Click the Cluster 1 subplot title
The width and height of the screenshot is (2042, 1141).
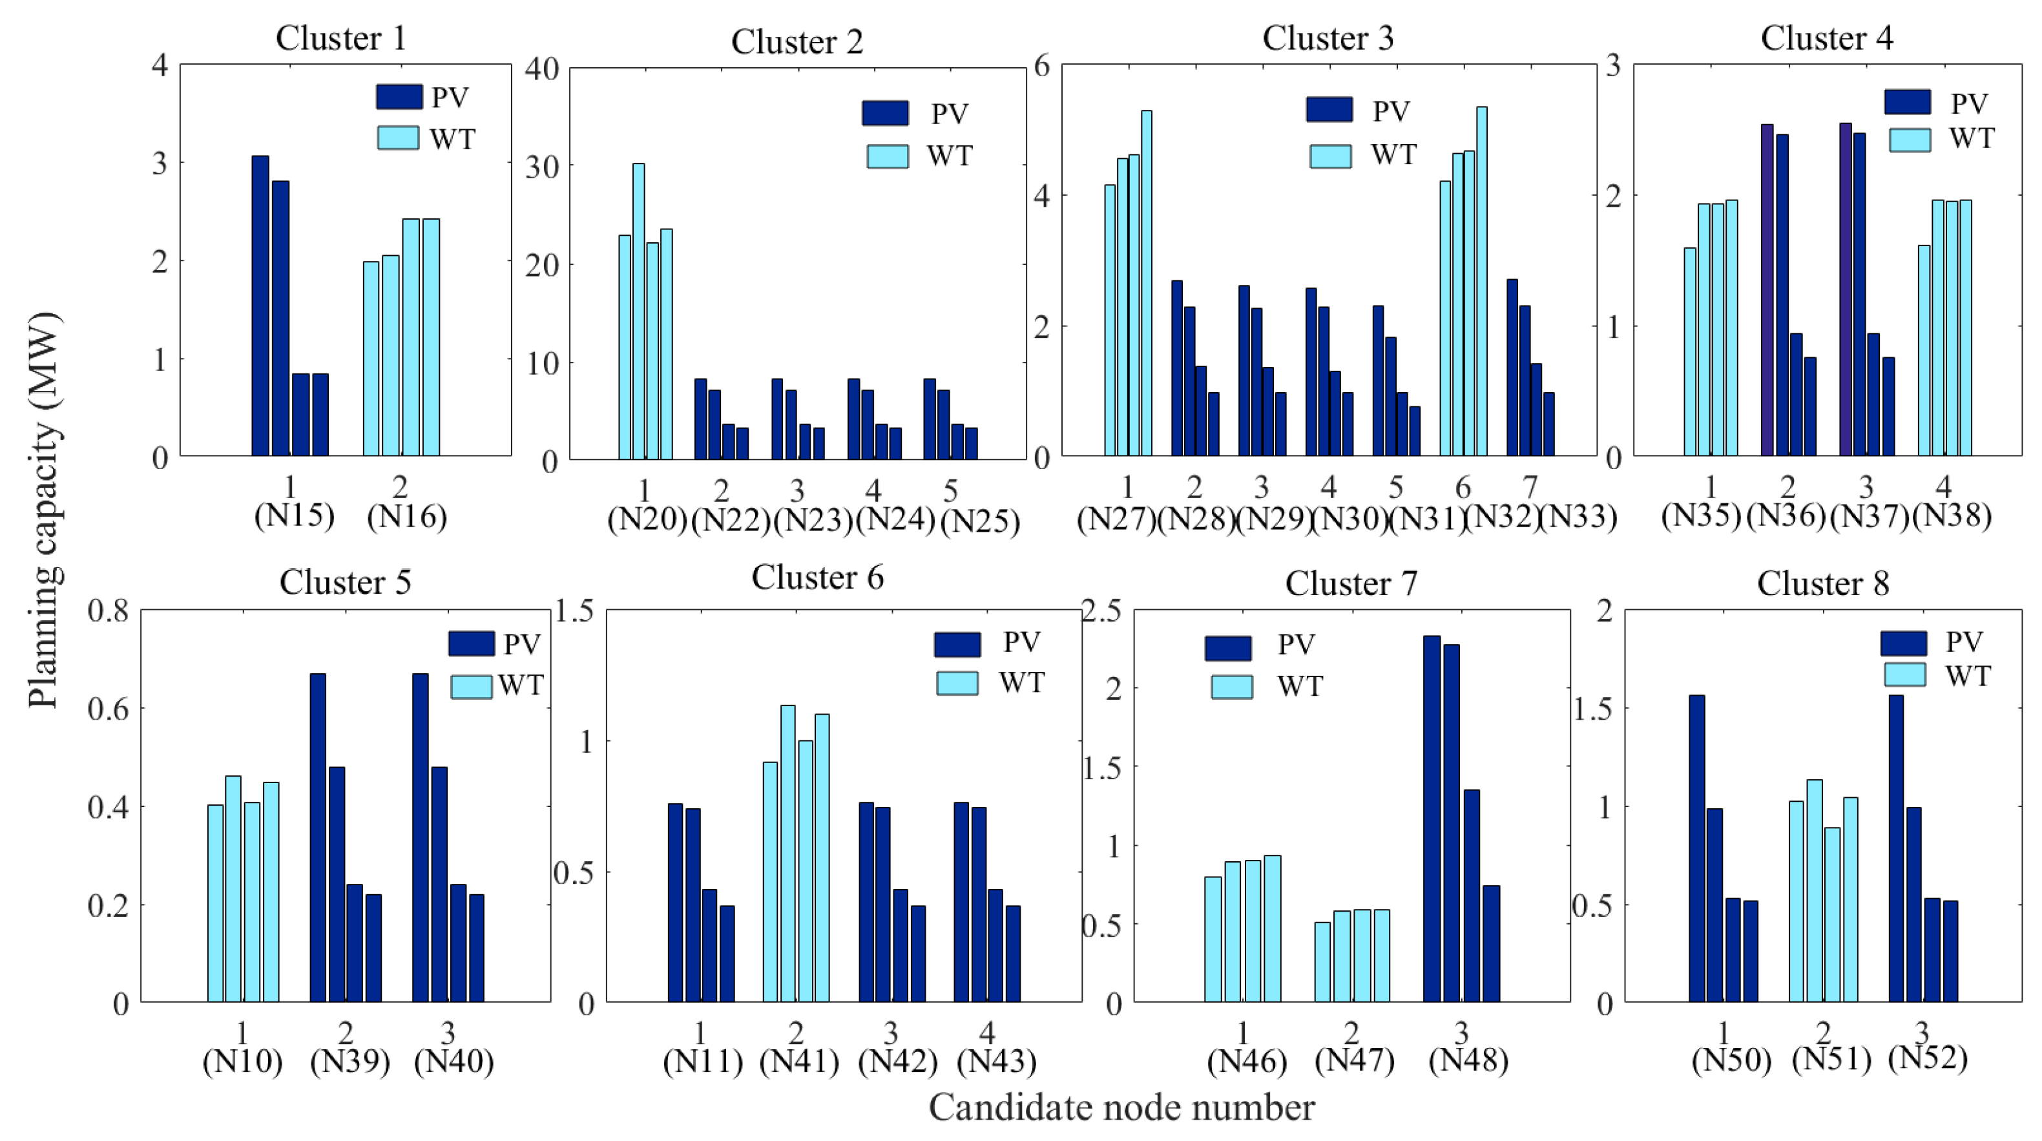pyautogui.click(x=341, y=38)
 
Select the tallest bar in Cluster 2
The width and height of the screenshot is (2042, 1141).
pyautogui.click(x=638, y=311)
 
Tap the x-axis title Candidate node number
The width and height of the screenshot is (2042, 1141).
pyautogui.click(x=1121, y=1107)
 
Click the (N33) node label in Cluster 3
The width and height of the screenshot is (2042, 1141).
pyautogui.click(x=1577, y=517)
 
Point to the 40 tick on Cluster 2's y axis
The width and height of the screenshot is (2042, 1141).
pyautogui.click(x=542, y=68)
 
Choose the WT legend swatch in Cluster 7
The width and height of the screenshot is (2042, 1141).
pyautogui.click(x=1232, y=687)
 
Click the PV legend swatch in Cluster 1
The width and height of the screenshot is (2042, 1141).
pyautogui.click(x=399, y=97)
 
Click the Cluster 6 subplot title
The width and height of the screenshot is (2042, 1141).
pyautogui.click(x=817, y=577)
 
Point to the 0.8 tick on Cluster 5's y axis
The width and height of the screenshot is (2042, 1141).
pyautogui.click(x=108, y=611)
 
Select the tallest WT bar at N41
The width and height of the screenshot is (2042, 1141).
pyautogui.click(x=788, y=853)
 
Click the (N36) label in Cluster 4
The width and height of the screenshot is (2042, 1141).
pyautogui.click(x=1786, y=516)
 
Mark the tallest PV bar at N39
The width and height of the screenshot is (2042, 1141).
pyautogui.click(x=318, y=837)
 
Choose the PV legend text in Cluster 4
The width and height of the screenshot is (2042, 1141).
pyautogui.click(x=1969, y=103)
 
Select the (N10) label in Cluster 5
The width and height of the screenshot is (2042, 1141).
pyautogui.click(x=242, y=1061)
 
